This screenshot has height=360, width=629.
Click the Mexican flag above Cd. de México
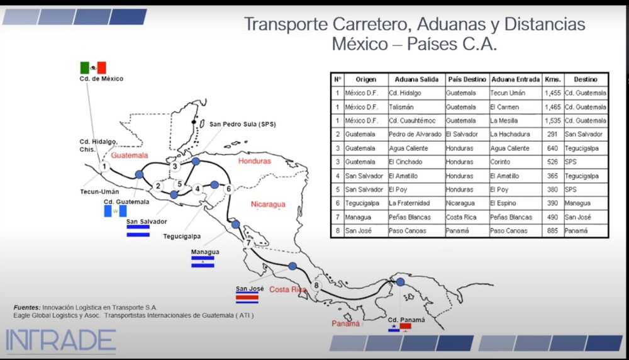click(x=92, y=67)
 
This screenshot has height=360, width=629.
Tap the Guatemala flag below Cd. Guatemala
click(x=115, y=211)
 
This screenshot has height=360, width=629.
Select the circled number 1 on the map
click(x=105, y=167)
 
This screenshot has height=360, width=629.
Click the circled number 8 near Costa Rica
click(x=316, y=285)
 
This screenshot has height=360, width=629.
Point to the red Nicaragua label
click(x=268, y=205)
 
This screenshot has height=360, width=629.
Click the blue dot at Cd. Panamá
click(x=401, y=283)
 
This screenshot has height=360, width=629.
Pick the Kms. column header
click(x=552, y=80)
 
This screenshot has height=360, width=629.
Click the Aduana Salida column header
click(x=416, y=80)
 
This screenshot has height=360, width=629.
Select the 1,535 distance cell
click(x=552, y=120)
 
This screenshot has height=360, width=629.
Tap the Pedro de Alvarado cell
click(x=415, y=134)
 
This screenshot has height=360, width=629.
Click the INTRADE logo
click(x=60, y=340)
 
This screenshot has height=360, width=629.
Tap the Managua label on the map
click(x=205, y=252)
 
